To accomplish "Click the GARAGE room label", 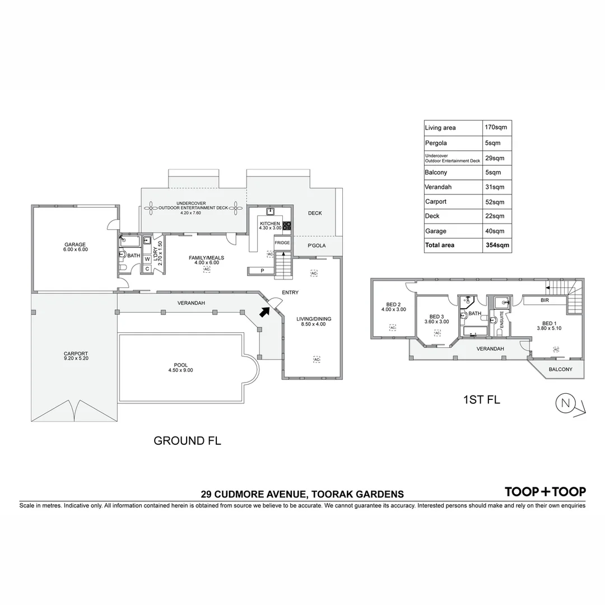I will [x=75, y=244].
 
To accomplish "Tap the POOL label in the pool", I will [x=180, y=365].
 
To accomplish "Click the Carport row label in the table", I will [x=436, y=202].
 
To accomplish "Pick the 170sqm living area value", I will [x=496, y=128].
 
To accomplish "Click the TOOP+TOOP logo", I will [x=545, y=492].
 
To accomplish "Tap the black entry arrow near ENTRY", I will [x=264, y=311].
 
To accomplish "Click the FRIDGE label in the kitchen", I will [x=282, y=243].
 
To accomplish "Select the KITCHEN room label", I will [x=270, y=224].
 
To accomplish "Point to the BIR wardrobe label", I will [x=544, y=301].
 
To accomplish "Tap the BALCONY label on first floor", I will [x=560, y=369].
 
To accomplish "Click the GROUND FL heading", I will [x=187, y=441].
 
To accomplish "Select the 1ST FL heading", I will [x=481, y=399].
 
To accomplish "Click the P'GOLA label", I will [x=317, y=246].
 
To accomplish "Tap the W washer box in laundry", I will [x=147, y=259].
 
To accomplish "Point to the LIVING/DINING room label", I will [x=314, y=319].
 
